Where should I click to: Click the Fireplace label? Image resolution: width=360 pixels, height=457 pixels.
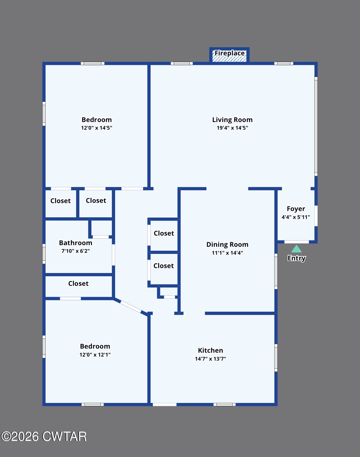(x=230, y=53)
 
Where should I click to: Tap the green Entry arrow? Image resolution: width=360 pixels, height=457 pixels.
(x=296, y=249)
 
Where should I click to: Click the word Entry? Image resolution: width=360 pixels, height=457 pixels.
(x=296, y=258)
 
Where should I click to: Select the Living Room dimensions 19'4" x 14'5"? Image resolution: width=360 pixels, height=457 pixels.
(x=232, y=128)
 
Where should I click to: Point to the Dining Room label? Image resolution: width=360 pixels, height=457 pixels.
(x=227, y=244)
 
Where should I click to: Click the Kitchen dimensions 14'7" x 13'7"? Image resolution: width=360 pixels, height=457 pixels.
(x=211, y=359)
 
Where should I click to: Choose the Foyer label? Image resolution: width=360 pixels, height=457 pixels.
(x=296, y=209)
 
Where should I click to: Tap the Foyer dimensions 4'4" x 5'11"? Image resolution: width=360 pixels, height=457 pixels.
(x=296, y=217)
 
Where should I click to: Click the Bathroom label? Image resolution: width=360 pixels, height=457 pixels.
(x=76, y=243)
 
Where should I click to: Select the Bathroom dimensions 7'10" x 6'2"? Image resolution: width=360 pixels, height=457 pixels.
(x=76, y=251)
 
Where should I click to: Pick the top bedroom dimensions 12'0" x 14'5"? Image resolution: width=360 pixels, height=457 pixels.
(x=97, y=128)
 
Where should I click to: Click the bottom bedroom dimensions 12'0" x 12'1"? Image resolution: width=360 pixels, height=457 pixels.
(x=95, y=355)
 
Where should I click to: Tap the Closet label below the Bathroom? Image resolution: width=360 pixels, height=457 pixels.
(x=78, y=283)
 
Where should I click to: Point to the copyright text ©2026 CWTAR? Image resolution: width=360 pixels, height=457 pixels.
(x=44, y=437)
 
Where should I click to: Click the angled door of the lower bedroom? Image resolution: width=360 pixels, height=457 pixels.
(x=131, y=306)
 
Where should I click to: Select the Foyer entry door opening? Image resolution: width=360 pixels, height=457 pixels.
(x=296, y=242)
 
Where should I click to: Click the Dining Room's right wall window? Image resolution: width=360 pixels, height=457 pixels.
(x=276, y=271)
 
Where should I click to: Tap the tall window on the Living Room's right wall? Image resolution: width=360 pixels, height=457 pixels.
(x=316, y=126)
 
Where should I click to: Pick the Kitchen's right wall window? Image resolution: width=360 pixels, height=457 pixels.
(x=276, y=358)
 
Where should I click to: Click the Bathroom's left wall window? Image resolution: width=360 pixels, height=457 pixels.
(x=44, y=254)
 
